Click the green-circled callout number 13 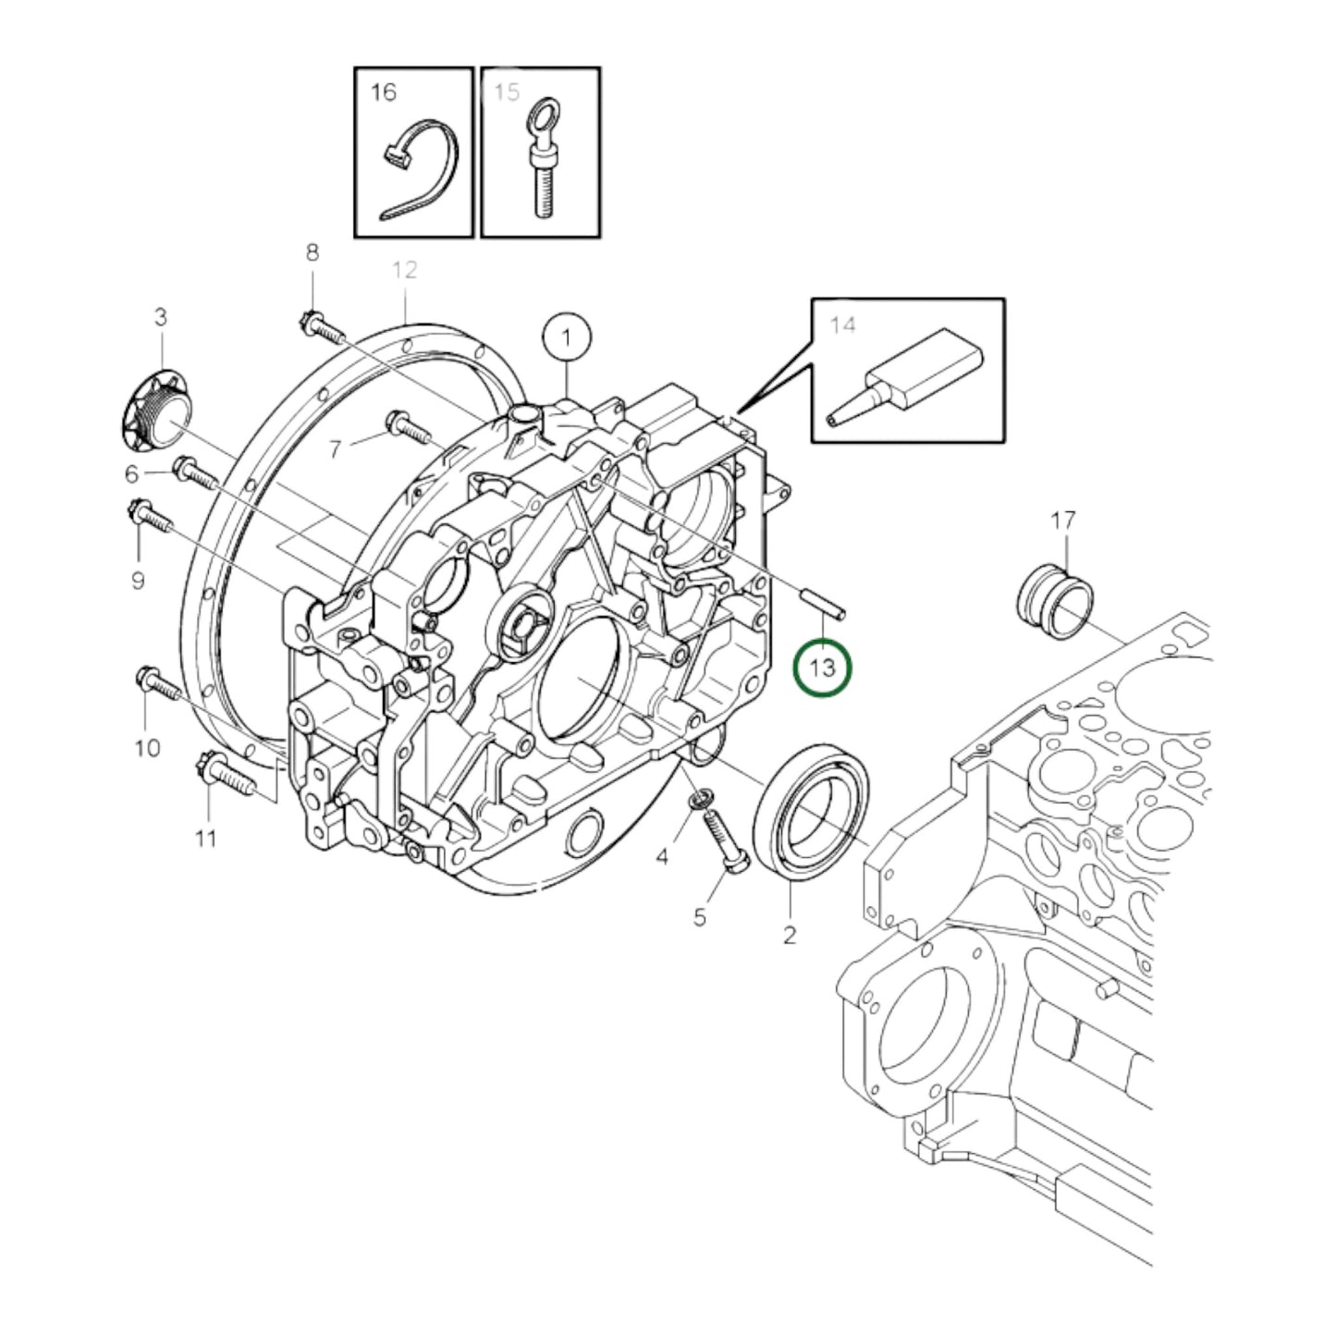(x=822, y=668)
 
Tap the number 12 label (x=405, y=270)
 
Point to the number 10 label (x=148, y=747)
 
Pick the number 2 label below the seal (x=789, y=935)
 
